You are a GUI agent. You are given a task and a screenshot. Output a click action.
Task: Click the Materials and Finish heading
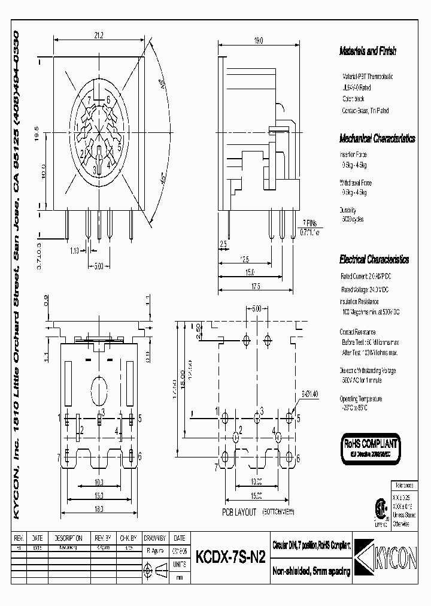tap(368, 51)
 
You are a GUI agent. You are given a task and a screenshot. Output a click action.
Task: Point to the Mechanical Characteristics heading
tap(377, 139)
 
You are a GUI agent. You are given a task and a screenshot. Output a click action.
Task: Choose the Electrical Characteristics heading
tap(374, 260)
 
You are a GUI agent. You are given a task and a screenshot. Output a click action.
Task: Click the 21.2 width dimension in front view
tap(99, 36)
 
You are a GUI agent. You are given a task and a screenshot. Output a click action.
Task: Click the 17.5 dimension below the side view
tap(256, 286)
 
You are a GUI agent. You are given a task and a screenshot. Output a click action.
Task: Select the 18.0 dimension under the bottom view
tap(99, 509)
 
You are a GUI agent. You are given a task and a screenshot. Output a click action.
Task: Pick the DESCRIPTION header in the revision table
tap(68, 538)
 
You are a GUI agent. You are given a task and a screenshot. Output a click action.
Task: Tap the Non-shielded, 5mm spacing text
tap(312, 572)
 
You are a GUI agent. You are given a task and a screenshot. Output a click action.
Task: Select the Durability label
tap(348, 210)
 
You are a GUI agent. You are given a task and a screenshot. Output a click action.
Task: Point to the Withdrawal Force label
tap(358, 183)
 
